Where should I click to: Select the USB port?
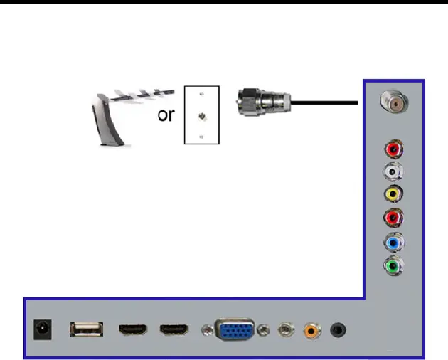click(86, 329)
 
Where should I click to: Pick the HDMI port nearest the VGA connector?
click(174, 330)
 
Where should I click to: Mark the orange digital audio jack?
click(311, 330)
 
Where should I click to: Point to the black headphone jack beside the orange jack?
click(338, 330)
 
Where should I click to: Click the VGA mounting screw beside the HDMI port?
click(206, 330)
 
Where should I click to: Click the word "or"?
click(166, 115)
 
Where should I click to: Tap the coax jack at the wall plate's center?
click(202, 115)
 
